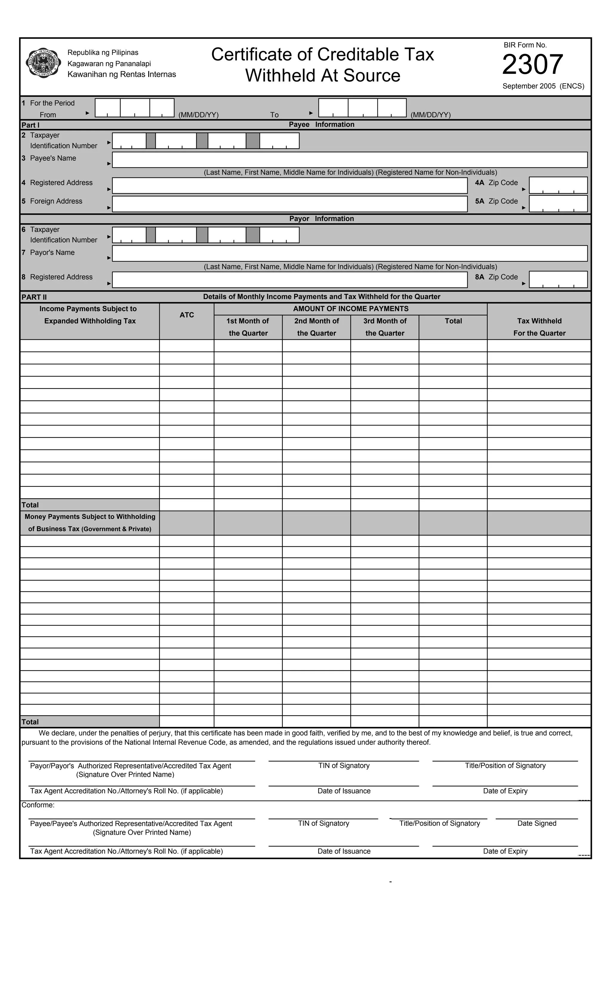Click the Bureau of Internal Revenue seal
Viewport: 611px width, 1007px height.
[x=43, y=63]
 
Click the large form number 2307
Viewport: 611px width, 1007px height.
[x=532, y=64]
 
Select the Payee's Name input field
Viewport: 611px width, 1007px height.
[x=350, y=160]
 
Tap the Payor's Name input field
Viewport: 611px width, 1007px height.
[x=350, y=253]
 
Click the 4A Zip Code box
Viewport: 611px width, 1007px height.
[x=558, y=185]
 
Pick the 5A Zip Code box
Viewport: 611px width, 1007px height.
[x=558, y=204]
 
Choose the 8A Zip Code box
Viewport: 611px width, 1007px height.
[x=558, y=279]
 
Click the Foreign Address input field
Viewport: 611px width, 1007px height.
[x=290, y=204]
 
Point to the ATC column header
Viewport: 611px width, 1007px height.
[x=187, y=315]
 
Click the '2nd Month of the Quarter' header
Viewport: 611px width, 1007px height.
[x=317, y=327]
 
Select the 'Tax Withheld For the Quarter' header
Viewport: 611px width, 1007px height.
[x=539, y=327]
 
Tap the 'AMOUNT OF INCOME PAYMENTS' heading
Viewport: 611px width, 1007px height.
[x=351, y=309]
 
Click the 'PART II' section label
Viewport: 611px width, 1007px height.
[x=34, y=297]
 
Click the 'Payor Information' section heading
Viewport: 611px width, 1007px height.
[x=321, y=219]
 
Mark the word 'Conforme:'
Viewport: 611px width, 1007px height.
[x=38, y=805]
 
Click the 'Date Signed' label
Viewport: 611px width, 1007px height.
[x=537, y=823]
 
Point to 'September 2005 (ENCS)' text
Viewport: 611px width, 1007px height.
[x=543, y=86]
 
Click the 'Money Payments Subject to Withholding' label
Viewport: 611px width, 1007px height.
[x=90, y=517]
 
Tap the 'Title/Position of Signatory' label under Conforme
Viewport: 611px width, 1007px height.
[x=439, y=823]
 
